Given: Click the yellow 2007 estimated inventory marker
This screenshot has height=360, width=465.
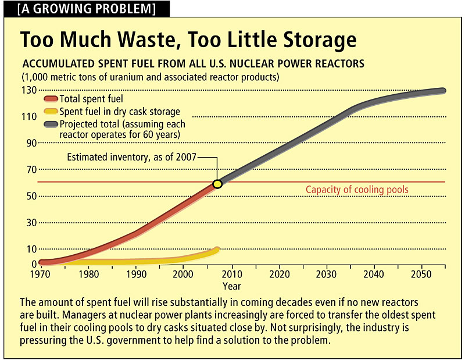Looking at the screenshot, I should pyautogui.click(x=217, y=184).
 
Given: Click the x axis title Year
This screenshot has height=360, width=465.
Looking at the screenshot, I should pyautogui.click(x=231, y=286).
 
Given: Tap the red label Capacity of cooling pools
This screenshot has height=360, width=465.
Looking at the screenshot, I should pyautogui.click(x=357, y=190).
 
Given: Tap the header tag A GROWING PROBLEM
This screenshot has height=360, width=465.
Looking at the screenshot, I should pyautogui.click(x=87, y=9).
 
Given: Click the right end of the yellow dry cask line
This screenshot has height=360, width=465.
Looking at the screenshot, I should pyautogui.click(x=217, y=249).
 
